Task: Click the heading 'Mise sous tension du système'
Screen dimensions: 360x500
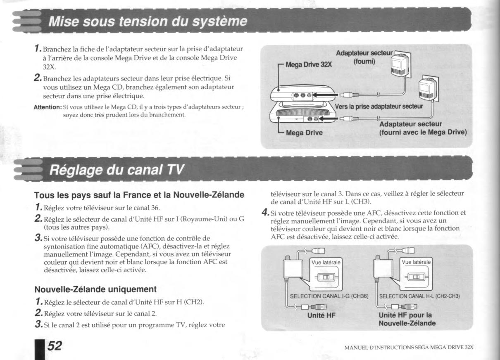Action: pos(148,21)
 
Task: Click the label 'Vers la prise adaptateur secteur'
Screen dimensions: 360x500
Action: pos(379,106)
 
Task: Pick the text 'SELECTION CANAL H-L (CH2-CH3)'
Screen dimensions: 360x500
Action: pos(419,296)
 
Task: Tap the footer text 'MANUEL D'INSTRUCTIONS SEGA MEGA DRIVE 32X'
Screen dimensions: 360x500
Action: pos(409,347)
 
